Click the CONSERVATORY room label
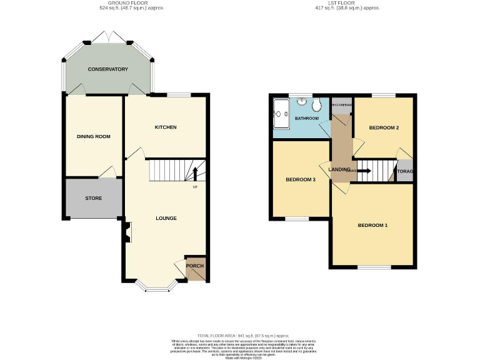tap(107, 69)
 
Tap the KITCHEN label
tap(166, 127)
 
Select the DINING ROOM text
tap(93, 136)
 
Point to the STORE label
tap(94, 198)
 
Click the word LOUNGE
tap(166, 218)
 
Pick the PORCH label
tap(195, 266)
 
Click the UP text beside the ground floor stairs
tap(195, 187)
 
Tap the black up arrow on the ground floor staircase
tap(195, 172)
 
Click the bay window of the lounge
tap(156, 288)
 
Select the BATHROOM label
tap(307, 118)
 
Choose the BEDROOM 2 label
tap(384, 128)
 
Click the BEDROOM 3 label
tap(301, 180)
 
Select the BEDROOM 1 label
tap(372, 225)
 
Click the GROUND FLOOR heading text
tap(131, 3)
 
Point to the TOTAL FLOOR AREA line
tap(239, 336)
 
